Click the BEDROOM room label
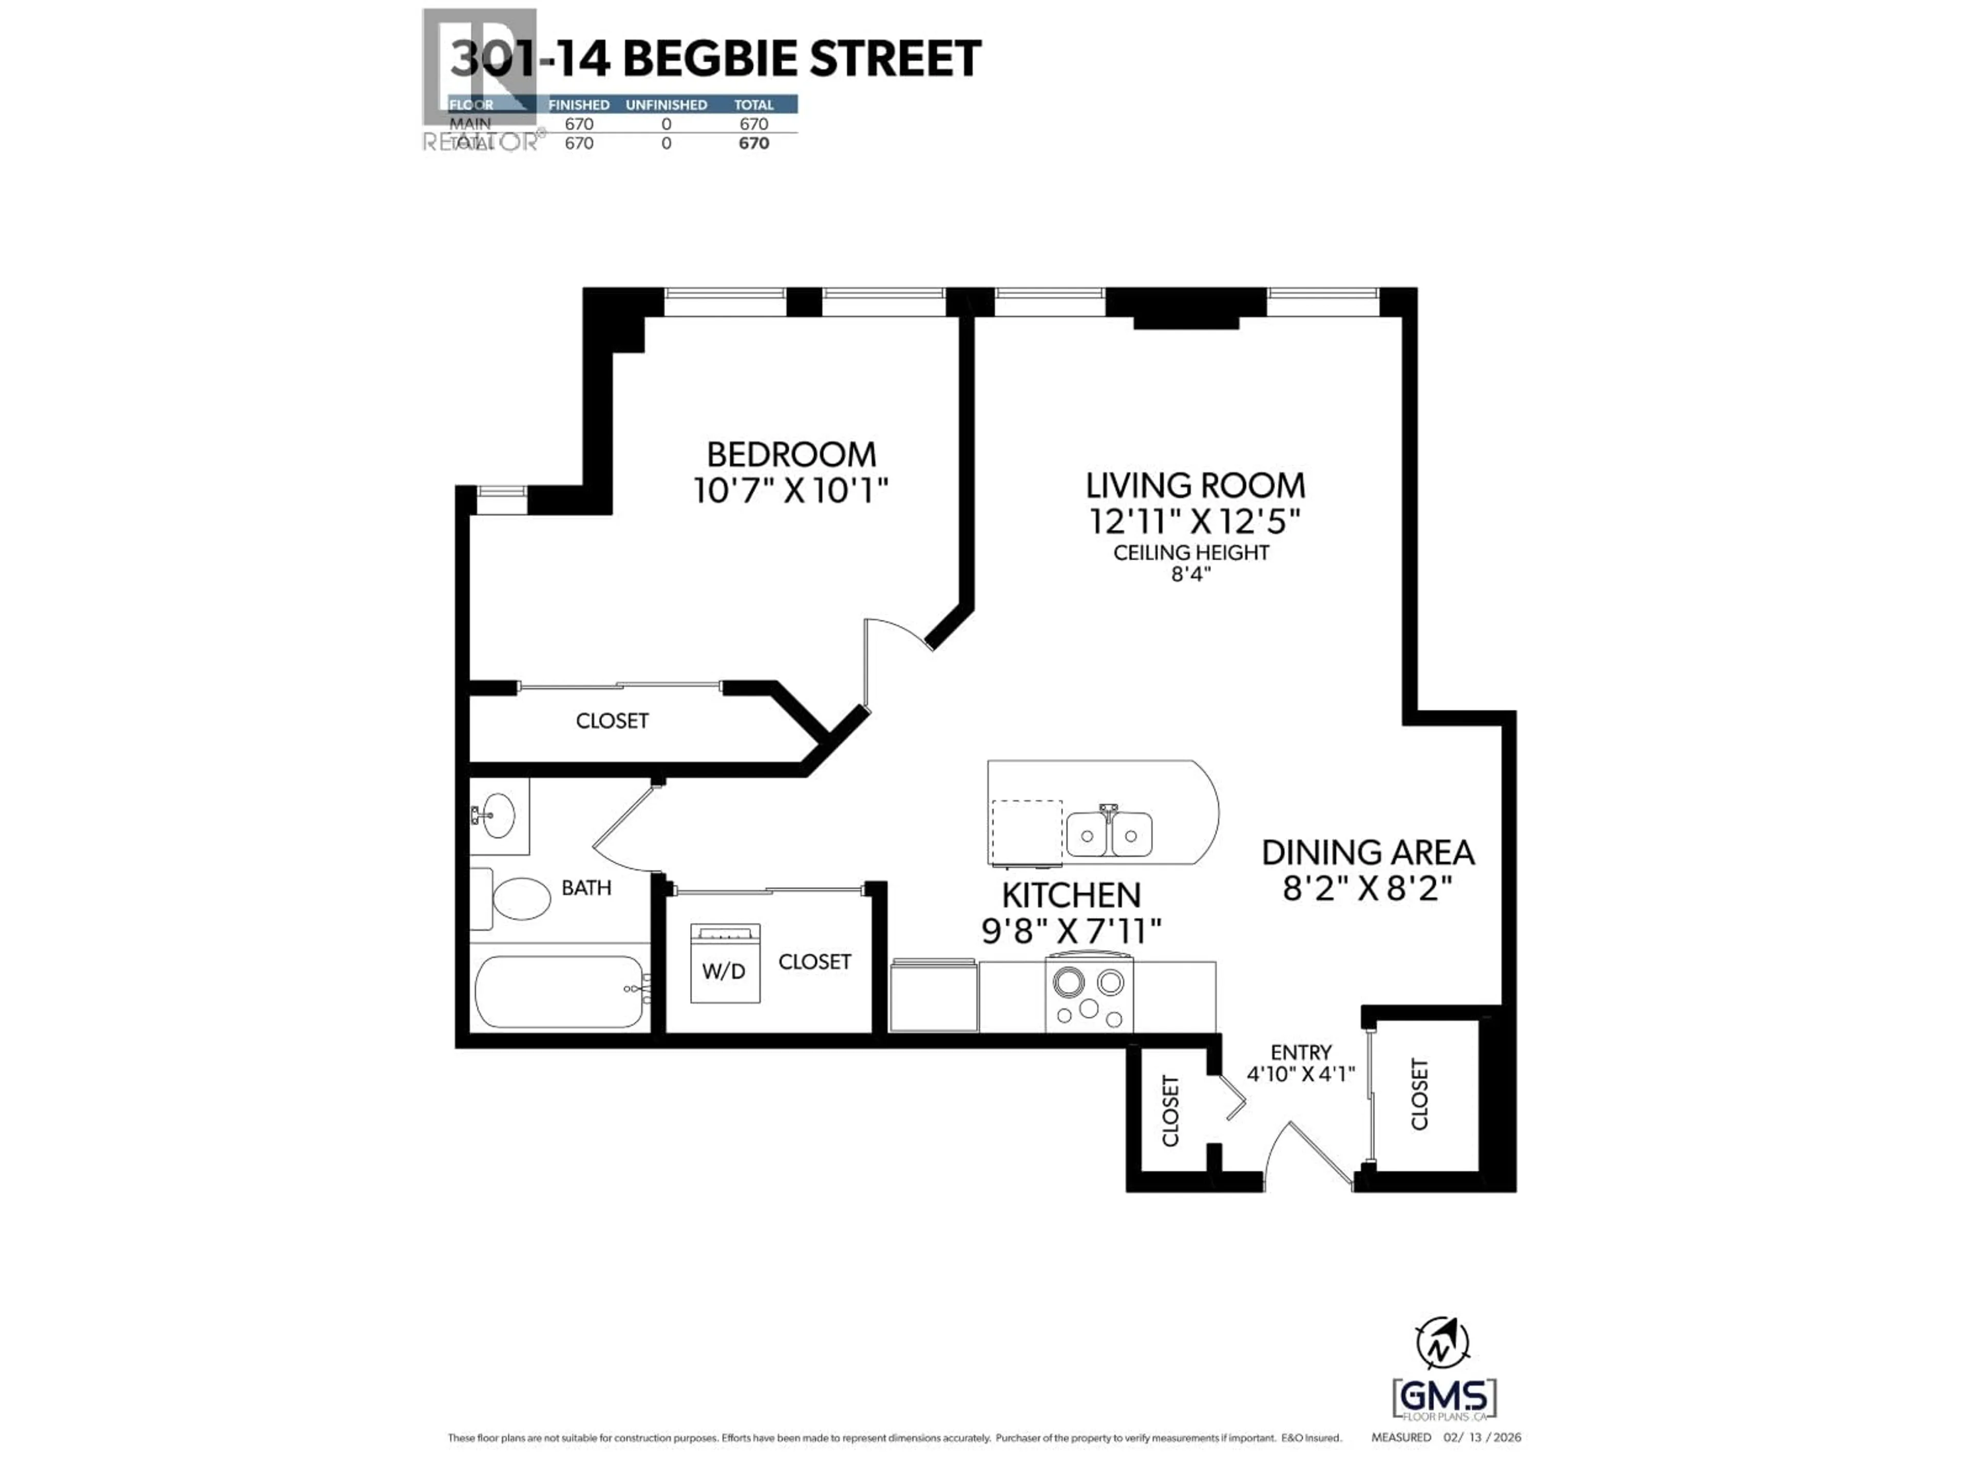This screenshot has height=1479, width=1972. tap(791, 454)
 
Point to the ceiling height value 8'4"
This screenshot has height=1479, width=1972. tap(1191, 575)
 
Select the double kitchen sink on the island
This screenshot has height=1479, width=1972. tap(1109, 833)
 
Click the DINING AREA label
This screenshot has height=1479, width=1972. tap(1368, 853)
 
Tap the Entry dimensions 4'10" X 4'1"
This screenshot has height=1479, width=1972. tap(1301, 1074)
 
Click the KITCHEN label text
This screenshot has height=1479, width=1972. tap(1071, 895)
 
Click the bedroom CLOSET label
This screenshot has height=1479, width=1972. tap(612, 720)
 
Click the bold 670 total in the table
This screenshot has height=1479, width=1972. tap(753, 143)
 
